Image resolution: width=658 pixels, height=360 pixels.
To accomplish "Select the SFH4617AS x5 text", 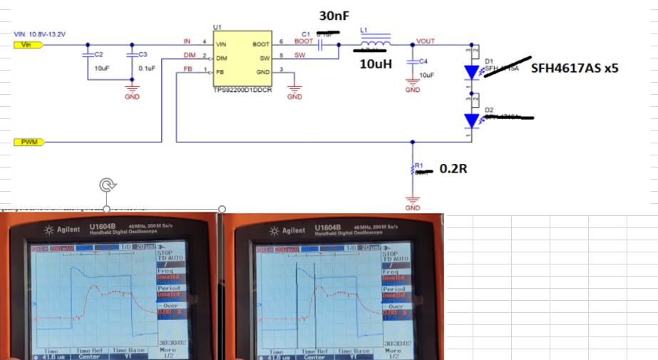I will [574, 71].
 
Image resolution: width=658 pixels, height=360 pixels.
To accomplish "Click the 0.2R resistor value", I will [453, 169].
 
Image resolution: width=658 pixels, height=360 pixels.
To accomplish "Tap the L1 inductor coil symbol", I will [374, 46].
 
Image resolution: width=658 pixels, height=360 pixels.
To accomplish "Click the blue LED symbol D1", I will [472, 72].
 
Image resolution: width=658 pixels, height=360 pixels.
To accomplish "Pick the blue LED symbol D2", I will [472, 120].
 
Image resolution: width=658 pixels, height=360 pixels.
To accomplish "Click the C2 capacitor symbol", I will [88, 53].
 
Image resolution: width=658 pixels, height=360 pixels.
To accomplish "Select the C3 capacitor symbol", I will [132, 53].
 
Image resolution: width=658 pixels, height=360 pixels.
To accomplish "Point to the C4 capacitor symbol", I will [412, 62].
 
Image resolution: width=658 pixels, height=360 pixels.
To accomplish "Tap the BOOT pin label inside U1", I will [259, 44].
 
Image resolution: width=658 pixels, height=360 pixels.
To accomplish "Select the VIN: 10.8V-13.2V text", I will [40, 34].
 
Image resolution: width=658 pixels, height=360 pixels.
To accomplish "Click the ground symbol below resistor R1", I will [412, 199].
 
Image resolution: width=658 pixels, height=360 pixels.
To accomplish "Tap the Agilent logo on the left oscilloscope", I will [59, 230].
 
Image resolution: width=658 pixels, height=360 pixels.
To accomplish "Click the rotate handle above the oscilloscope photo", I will [107, 185].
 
